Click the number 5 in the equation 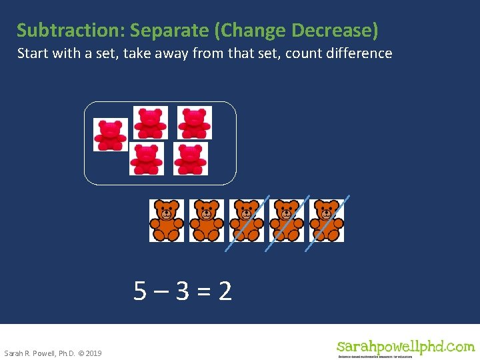tap(140, 291)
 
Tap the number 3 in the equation tap(183, 291)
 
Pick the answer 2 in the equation tap(225, 291)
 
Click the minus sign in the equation tap(161, 291)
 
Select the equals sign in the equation tap(204, 291)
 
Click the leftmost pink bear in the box tap(110, 135)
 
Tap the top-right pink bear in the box tap(194, 123)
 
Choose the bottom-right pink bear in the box tap(191, 159)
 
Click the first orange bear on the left tap(166, 220)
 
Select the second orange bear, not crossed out tap(206, 220)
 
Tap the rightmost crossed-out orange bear tap(327, 220)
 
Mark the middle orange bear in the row tap(247, 220)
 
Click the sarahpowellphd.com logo tap(405, 348)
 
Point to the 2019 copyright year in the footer tap(93, 353)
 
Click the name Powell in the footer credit tap(43, 353)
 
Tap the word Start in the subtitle tap(31, 53)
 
